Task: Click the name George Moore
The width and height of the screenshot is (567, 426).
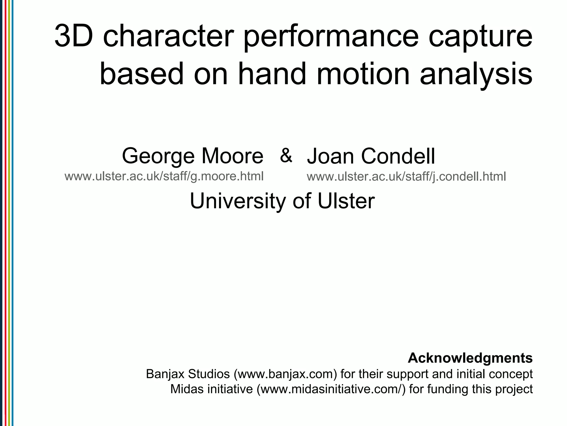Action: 192,156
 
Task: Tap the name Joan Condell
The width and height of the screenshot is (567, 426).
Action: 371,156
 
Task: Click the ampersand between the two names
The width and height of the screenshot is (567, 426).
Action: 286,155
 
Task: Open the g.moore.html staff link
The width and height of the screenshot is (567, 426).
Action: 164,176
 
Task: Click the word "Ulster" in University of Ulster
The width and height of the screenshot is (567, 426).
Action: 346,201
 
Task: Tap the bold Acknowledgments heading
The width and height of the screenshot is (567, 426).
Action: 470,358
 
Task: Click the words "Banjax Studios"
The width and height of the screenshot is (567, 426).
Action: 188,374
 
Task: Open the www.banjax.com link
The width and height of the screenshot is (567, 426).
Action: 286,374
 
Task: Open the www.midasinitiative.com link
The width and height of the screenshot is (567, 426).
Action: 331,389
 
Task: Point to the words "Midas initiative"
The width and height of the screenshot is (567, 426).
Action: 212,389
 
